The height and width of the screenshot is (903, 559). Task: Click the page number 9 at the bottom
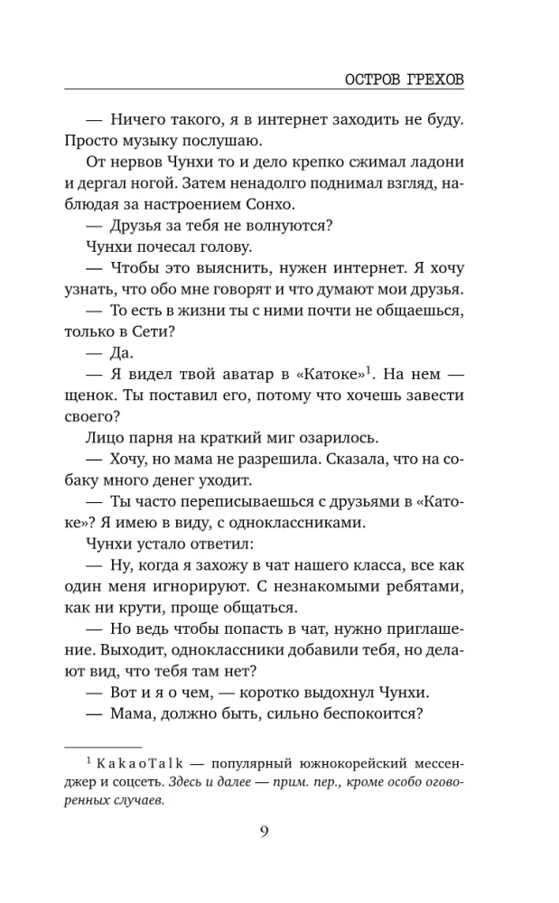[x=265, y=832]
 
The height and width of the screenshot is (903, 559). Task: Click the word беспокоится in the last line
[x=359, y=715]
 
